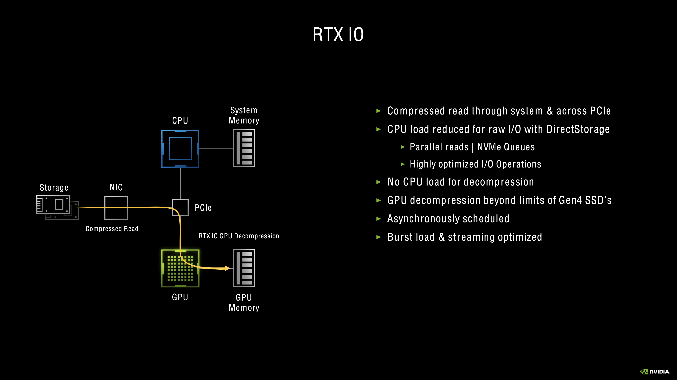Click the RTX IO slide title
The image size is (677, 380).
point(338,34)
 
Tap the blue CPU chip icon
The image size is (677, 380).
point(180,149)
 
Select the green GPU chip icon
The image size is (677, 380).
point(180,268)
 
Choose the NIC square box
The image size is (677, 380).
point(116,208)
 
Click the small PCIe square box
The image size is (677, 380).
point(180,207)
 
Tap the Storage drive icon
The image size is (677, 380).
point(57,207)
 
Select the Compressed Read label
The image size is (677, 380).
point(112,229)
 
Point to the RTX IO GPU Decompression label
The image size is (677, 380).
point(239,236)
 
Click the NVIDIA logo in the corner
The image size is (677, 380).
point(655,371)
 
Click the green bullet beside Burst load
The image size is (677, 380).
point(379,237)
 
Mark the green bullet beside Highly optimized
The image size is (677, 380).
point(403,164)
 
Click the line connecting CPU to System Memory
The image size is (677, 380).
point(216,148)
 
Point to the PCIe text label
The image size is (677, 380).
point(203,208)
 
